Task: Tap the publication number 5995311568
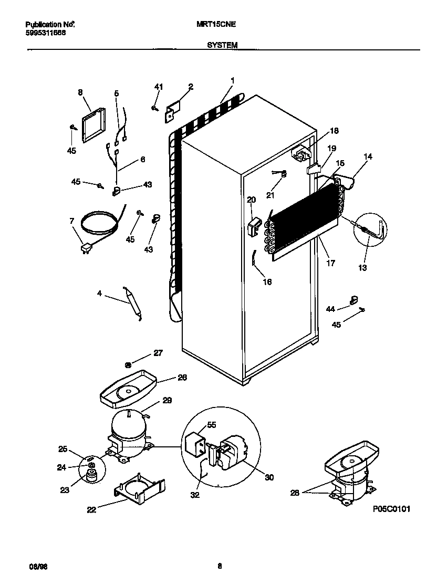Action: click(46, 33)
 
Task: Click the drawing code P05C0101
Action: click(391, 509)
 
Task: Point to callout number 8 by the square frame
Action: click(80, 92)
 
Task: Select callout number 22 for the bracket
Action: click(91, 509)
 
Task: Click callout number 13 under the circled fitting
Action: click(363, 268)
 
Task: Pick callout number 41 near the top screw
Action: click(159, 87)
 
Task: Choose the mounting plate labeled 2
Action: click(173, 111)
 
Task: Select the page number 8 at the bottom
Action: click(220, 566)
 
